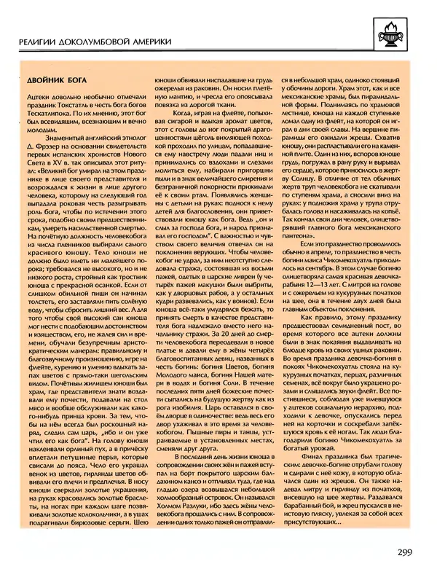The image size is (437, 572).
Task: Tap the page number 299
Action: [408, 551]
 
